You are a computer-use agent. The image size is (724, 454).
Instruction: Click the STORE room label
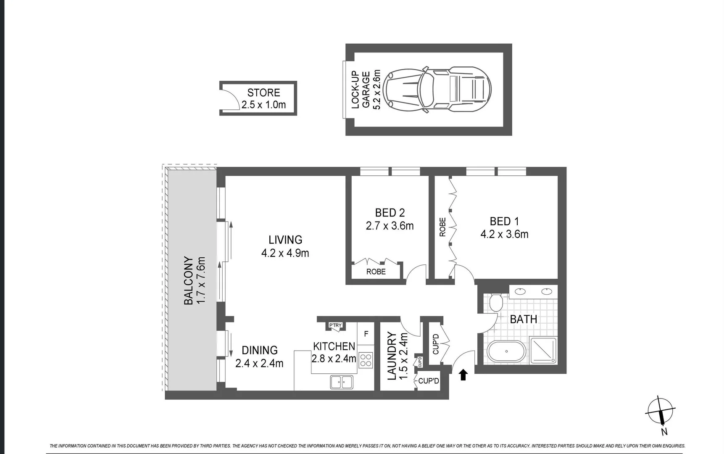pyautogui.click(x=263, y=93)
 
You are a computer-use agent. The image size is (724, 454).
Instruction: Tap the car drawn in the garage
pyautogui.click(x=437, y=90)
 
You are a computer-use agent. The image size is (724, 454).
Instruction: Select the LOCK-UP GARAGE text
pyautogui.click(x=361, y=90)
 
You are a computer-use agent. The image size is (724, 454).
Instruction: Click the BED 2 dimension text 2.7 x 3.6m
pyautogui.click(x=390, y=226)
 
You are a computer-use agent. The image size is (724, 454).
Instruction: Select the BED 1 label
pyautogui.click(x=504, y=221)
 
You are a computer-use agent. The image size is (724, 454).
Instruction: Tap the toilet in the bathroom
pyautogui.click(x=496, y=302)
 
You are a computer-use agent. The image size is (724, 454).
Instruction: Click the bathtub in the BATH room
pyautogui.click(x=506, y=351)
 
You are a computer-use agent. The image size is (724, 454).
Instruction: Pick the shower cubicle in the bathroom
pyautogui.click(x=543, y=350)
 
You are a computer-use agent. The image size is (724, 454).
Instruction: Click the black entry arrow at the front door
pyautogui.click(x=463, y=375)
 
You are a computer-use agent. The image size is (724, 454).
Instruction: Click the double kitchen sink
pyautogui.click(x=342, y=382)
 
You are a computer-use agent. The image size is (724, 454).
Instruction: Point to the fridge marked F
pyautogui.click(x=366, y=334)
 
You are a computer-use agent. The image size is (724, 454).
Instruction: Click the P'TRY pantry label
pyautogui.click(x=335, y=325)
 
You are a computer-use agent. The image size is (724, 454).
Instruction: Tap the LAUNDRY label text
pyautogui.click(x=392, y=356)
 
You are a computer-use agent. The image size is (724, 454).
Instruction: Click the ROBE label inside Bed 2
pyautogui.click(x=376, y=272)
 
